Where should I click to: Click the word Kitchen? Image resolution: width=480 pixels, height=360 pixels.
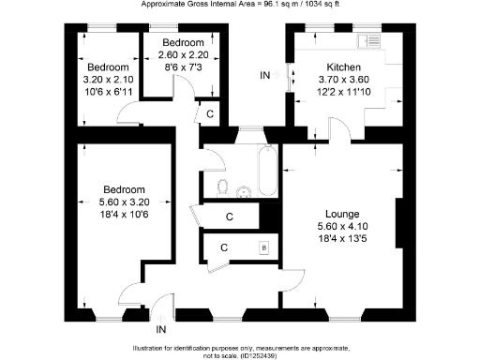click(344, 67)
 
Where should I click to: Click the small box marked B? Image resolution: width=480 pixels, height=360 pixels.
click(263, 247)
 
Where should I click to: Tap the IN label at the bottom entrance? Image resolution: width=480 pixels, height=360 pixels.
click(161, 329)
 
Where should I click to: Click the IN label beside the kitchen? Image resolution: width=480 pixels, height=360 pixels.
click(265, 74)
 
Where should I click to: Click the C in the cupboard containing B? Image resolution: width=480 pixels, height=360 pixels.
click(223, 247)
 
